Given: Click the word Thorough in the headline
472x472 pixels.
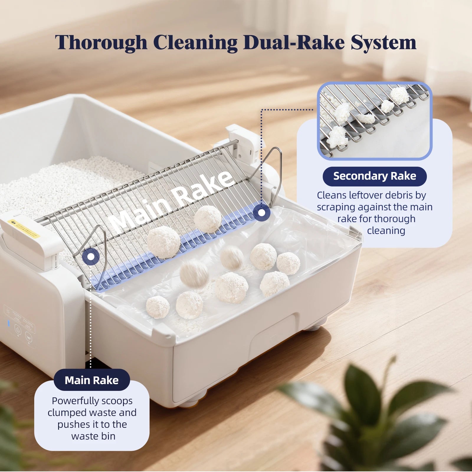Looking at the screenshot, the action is pyautogui.click(x=101, y=42).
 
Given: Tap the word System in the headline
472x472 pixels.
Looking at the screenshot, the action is pyautogui.click(x=383, y=43).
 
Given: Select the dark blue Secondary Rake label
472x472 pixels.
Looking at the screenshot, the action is pyautogui.click(x=375, y=176).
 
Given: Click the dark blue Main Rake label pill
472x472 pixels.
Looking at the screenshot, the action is pyautogui.click(x=92, y=380).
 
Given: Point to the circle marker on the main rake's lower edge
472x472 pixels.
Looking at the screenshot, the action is pyautogui.click(x=91, y=256).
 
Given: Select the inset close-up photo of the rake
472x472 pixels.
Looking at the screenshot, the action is pyautogui.click(x=375, y=121).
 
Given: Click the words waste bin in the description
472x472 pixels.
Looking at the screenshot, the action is pyautogui.click(x=93, y=436).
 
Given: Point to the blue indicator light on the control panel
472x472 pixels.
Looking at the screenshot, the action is pyautogui.click(x=9, y=323).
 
